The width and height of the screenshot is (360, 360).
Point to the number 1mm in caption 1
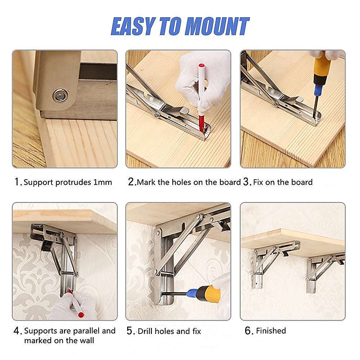(103, 182)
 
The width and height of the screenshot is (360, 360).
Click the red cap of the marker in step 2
(202, 66)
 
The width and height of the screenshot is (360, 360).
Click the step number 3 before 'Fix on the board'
(247, 182)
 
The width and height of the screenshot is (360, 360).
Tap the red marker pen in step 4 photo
(76, 304)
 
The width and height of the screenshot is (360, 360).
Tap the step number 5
(130, 331)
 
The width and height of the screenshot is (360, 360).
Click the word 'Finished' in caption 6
(271, 331)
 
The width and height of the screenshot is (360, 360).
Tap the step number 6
(249, 331)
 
